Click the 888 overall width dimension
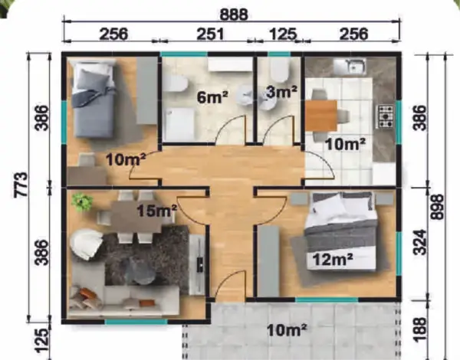pos(234,14)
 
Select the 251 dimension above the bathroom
pos(210,34)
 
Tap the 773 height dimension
pos(21,185)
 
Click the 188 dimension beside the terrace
pos(420,329)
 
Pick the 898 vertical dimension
pos(438,207)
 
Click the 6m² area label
pos(212,97)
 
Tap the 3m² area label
pos(281,92)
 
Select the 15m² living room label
pos(157,210)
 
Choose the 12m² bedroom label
pos(333,259)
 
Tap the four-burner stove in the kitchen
pos(386,116)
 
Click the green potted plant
pos(83,201)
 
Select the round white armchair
pos(86,244)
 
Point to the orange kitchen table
pos(321,115)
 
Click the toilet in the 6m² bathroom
pos(176,83)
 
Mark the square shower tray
pos(179,124)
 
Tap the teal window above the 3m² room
pos(279,54)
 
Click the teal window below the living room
pos(136,322)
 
